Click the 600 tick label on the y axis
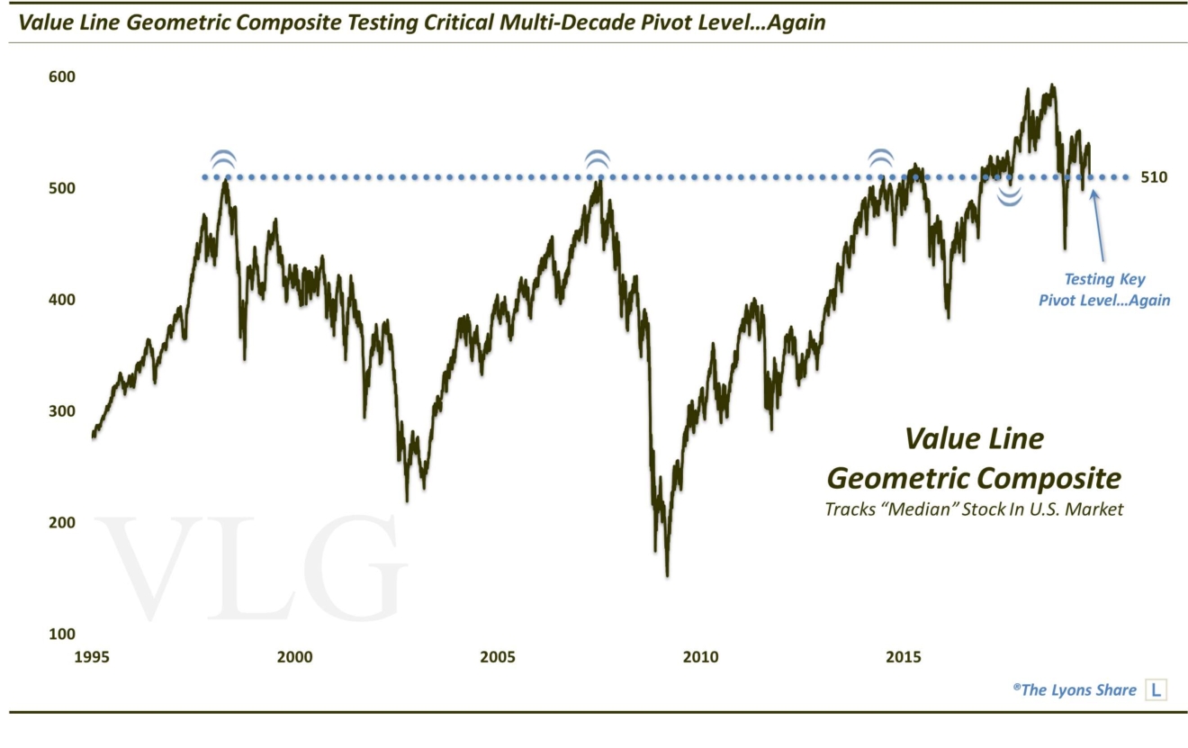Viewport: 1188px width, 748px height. click(x=61, y=77)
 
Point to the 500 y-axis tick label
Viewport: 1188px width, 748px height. click(x=61, y=188)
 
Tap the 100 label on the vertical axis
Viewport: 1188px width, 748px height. click(x=61, y=634)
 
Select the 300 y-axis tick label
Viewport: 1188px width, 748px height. click(x=61, y=411)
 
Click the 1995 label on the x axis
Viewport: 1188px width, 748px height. click(x=93, y=657)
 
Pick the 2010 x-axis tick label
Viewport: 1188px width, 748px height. click(x=701, y=657)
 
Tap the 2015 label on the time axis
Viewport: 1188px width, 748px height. click(x=904, y=657)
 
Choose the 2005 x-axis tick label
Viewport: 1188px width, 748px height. click(x=498, y=657)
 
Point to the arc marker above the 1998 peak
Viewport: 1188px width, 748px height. click(x=223, y=160)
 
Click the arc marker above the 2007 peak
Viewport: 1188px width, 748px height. click(x=597, y=160)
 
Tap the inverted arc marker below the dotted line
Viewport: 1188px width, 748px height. click(x=1010, y=198)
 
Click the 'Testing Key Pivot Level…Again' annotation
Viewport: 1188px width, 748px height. click(x=1104, y=290)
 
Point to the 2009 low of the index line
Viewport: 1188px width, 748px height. click(x=666, y=574)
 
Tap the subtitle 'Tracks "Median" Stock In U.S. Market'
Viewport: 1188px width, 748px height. click(x=974, y=509)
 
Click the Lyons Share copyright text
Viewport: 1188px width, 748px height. click(x=1074, y=689)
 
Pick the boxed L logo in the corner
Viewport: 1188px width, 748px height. click(x=1155, y=690)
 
